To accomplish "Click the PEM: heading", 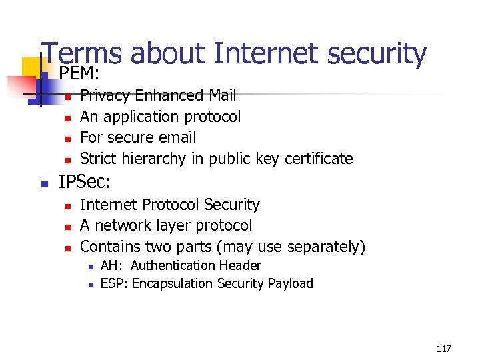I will [x=79, y=73].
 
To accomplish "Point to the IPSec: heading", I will [x=84, y=181].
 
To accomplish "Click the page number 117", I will [x=443, y=349].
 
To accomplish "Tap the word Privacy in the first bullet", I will [x=105, y=96].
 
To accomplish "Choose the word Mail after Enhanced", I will [x=222, y=96].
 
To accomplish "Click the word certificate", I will [x=319, y=159].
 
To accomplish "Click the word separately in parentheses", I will [x=325, y=247].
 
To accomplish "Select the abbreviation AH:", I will [x=111, y=265].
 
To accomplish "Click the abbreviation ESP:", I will [x=113, y=284].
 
